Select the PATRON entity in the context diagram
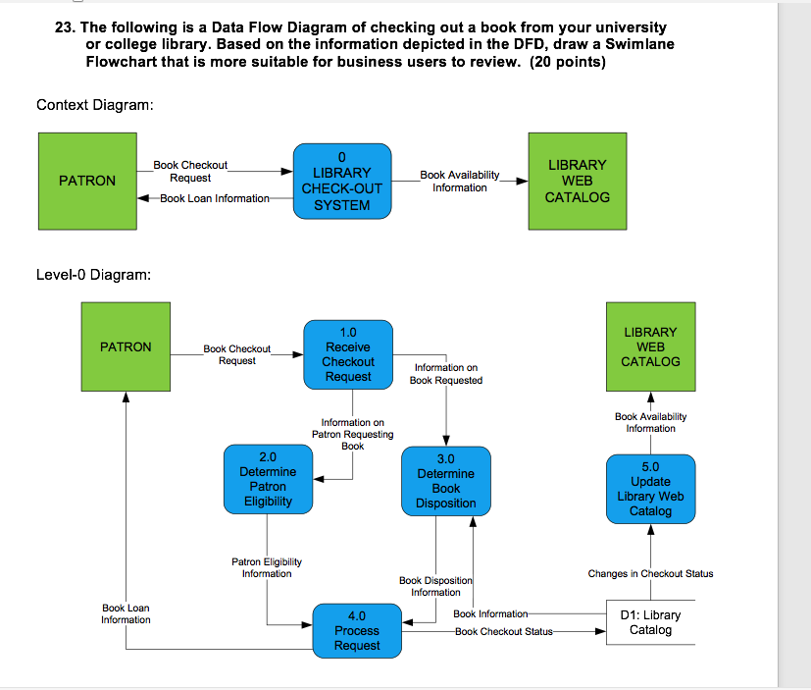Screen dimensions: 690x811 pos(87,181)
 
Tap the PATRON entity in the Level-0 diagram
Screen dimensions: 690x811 pos(126,346)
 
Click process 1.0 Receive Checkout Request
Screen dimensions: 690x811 pos(348,354)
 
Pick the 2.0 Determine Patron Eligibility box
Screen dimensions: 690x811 pos(268,480)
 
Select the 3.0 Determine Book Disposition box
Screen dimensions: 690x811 pos(445,482)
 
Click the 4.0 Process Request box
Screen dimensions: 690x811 pos(357,631)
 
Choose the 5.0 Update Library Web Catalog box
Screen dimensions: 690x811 pos(650,489)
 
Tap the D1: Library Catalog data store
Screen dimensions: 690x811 pos(650,622)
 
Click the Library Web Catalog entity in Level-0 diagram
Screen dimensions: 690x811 pos(650,346)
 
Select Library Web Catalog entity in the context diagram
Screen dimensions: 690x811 pos(578,181)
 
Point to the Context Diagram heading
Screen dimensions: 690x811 pos(95,105)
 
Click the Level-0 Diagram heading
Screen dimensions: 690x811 pos(93,274)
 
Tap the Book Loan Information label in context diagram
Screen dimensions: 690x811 pos(214,198)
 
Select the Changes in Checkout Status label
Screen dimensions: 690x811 pos(650,573)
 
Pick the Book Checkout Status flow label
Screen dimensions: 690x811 pos(503,631)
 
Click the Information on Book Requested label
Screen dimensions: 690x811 pos(446,374)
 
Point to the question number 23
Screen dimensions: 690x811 pos(65,27)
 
